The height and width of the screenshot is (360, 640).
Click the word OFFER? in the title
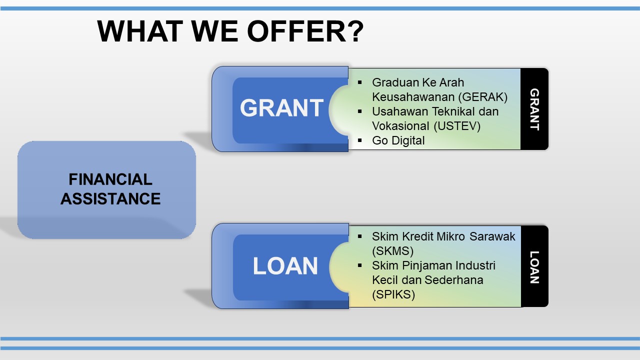305,31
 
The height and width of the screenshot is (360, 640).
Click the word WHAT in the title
140,31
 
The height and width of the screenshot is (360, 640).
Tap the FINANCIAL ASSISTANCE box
106,189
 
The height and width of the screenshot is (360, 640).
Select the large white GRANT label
281,107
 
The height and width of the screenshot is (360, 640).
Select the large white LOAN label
285,265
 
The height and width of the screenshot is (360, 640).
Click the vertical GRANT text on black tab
534,109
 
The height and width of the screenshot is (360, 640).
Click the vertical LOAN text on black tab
534,267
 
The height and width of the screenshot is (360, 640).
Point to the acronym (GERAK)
482,97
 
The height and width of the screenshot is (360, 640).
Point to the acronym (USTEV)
457,126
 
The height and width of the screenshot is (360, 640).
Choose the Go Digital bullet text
398,140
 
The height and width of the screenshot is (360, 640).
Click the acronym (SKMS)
393,251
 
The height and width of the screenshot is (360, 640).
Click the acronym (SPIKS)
393,294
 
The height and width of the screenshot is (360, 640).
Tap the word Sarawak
492,236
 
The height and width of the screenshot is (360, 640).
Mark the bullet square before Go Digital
359,140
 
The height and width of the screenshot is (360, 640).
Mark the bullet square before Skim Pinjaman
359,265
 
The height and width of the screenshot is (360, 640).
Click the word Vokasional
400,126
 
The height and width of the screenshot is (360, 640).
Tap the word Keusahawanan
413,97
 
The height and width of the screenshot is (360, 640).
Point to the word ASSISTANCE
110,199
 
